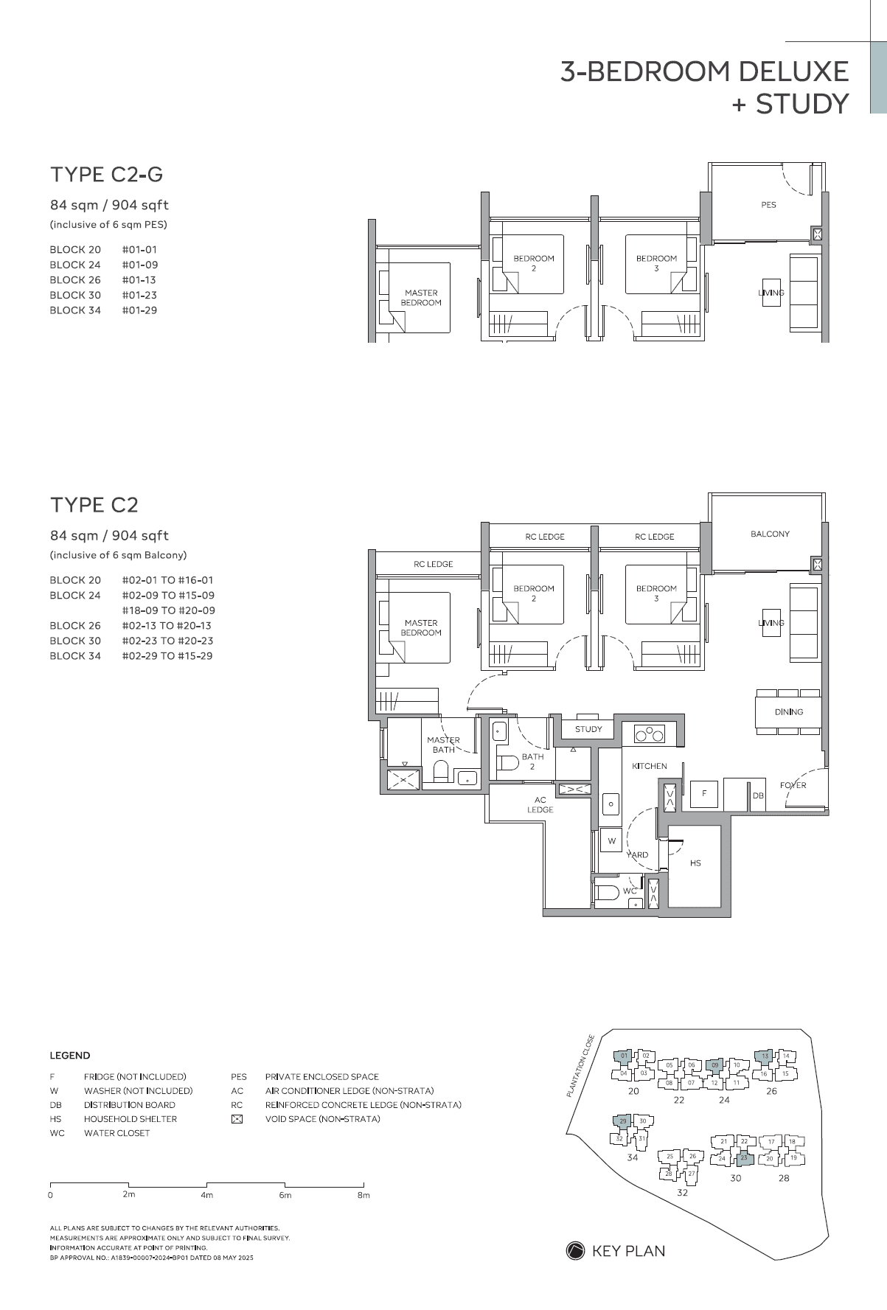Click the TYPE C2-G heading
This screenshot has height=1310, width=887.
pos(106,175)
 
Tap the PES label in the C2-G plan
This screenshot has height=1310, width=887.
pos(768,205)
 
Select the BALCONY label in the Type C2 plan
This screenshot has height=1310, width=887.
pos(770,534)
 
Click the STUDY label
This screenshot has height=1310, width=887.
pos(588,729)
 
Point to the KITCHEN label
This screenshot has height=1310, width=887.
pos(649,766)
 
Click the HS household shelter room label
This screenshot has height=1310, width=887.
pos(695,863)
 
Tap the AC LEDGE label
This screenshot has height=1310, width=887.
pos(540,804)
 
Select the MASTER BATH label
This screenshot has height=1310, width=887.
pos(443,745)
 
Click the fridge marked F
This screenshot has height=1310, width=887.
pos(704,793)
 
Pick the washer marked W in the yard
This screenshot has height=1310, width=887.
pos(611,840)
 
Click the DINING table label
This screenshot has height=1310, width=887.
pos(788,712)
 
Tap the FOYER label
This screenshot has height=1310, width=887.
pos(793,785)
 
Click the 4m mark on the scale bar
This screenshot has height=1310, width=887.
pos(206,1194)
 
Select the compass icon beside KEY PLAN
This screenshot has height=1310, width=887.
pos(575,1250)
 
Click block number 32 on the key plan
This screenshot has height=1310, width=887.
pos(682,1192)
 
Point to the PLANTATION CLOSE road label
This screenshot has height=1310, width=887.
pos(580,1066)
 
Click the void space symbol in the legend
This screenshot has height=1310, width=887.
pos(237,1119)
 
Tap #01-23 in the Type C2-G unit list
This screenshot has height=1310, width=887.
pos(139,295)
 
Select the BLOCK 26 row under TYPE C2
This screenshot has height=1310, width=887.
pos(75,625)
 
